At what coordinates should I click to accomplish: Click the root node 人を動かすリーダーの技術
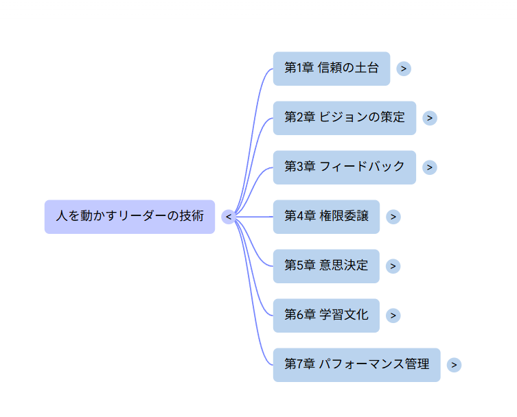(129, 217)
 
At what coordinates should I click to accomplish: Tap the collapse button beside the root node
(229, 217)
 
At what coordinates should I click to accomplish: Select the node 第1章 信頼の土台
(331, 69)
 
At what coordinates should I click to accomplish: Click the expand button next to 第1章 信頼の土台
(404, 69)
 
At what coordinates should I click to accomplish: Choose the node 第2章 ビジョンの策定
(344, 118)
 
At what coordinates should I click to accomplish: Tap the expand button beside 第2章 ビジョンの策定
(429, 118)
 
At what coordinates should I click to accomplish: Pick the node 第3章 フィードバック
(344, 167)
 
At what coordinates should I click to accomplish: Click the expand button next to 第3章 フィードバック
(429, 167)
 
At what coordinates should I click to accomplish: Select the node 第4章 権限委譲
(326, 217)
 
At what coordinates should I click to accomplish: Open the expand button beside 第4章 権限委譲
(393, 217)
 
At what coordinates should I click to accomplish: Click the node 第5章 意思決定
(326, 266)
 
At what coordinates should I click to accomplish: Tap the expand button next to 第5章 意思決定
(393, 266)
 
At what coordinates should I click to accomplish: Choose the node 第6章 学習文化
(326, 315)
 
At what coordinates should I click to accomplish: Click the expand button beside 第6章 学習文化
(393, 315)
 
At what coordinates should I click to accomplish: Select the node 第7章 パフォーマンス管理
(356, 365)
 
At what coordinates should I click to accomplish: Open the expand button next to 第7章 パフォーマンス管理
(454, 365)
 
